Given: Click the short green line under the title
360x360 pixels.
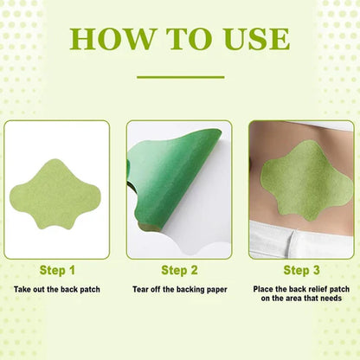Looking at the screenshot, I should click(x=179, y=77).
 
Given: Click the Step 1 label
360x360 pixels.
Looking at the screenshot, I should click(x=58, y=270).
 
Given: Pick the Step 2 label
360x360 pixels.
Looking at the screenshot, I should click(x=180, y=270).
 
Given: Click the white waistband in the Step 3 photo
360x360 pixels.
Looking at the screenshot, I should click(x=294, y=238).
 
